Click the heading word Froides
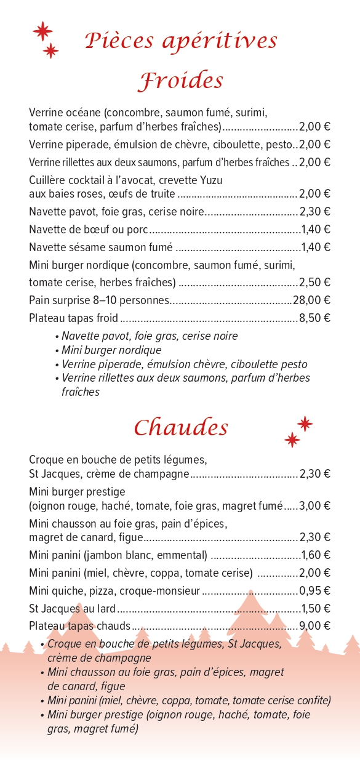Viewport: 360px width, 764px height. [180, 81]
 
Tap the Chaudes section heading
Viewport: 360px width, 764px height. [181, 427]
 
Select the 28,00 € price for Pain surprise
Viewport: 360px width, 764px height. [311, 300]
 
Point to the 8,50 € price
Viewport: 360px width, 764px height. [314, 318]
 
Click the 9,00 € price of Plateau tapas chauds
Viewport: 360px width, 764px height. [314, 626]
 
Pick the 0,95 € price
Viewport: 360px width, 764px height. [314, 591]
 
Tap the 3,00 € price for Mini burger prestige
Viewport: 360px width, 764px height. [314, 505]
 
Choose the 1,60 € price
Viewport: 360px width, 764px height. [316, 555]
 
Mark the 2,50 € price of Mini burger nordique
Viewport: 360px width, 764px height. [314, 283]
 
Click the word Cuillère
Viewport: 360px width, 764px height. [47, 180]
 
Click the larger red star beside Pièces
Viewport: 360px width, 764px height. [42, 31]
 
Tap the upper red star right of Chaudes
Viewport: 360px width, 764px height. [305, 424]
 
